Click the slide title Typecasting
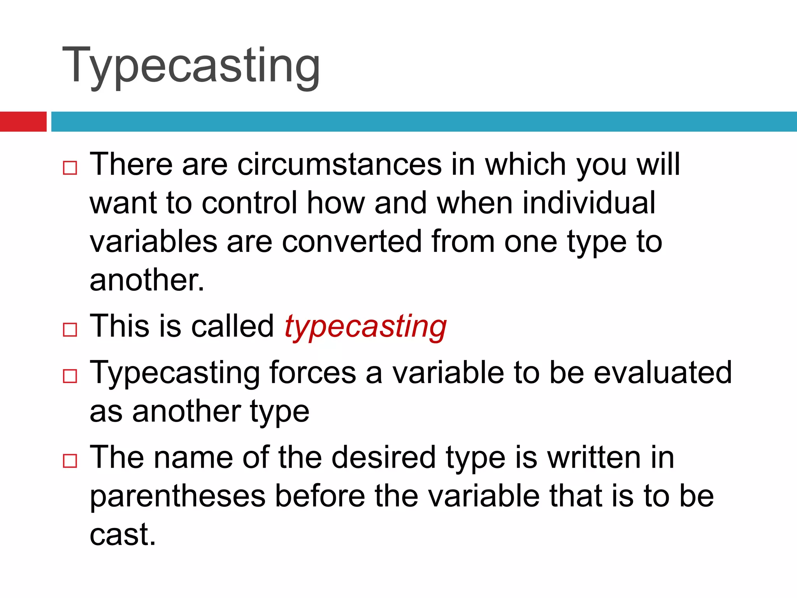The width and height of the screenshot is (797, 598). point(191,66)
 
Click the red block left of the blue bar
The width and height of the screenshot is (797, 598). point(23,121)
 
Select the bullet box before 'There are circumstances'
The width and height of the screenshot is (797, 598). point(70,168)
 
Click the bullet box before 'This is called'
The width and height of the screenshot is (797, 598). point(70,330)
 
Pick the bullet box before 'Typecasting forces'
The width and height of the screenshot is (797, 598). point(70,376)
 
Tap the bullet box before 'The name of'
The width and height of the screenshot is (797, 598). point(70,461)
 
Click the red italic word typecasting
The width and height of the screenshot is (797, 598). point(365,327)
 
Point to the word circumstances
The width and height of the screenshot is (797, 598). point(339,164)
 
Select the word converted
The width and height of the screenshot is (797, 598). point(352,242)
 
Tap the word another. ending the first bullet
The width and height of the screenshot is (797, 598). point(147,280)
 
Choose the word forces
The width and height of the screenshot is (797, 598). point(312,373)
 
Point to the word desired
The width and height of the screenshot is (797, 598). point(383,457)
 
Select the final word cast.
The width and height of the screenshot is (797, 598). point(122,535)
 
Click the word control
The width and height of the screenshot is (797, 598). point(249,203)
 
